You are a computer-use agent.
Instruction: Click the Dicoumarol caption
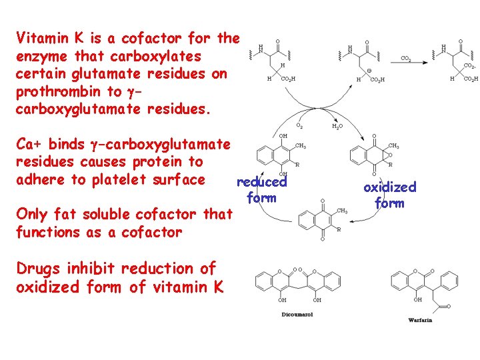click(x=298, y=315)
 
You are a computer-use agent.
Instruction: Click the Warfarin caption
click(x=420, y=320)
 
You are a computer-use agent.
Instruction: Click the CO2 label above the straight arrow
click(x=405, y=59)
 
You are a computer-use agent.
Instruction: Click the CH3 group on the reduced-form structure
click(x=300, y=146)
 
